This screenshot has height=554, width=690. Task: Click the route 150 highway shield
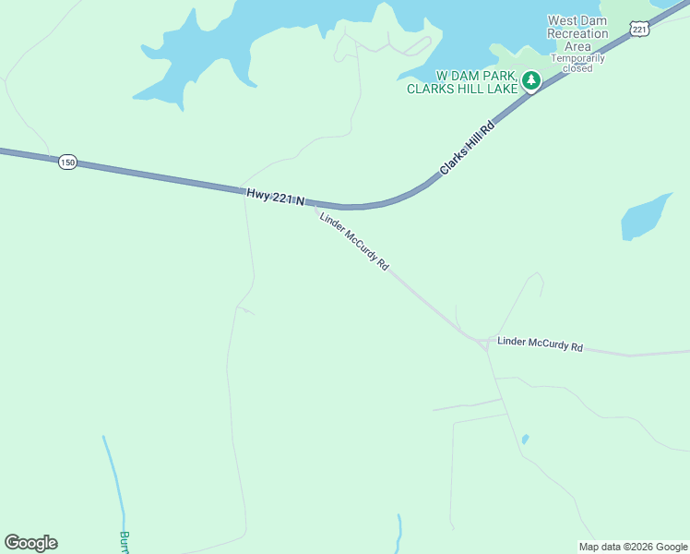click(x=66, y=163)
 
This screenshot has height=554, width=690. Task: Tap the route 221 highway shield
click(x=640, y=30)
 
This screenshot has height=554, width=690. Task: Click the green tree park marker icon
click(x=531, y=81)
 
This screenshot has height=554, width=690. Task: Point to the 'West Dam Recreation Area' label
click(x=578, y=33)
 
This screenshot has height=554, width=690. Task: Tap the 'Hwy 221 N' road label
click(x=275, y=197)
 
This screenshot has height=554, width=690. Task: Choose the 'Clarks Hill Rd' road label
click(x=467, y=149)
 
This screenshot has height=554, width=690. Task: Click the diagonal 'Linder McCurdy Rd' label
click(x=354, y=242)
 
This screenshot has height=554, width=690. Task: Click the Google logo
click(x=30, y=543)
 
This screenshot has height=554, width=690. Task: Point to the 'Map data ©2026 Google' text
click(x=634, y=547)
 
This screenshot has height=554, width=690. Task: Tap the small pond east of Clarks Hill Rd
click(x=645, y=217)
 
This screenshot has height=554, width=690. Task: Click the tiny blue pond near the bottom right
click(x=525, y=440)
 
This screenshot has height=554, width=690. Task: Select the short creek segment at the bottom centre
click(x=399, y=531)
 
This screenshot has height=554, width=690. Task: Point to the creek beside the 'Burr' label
click(x=114, y=480)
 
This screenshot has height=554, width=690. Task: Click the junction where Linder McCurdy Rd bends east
click(x=482, y=343)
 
